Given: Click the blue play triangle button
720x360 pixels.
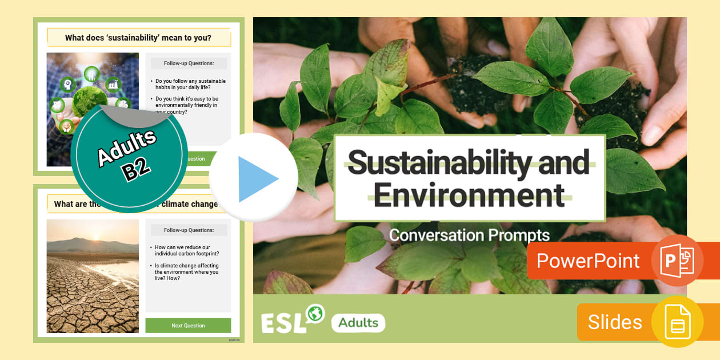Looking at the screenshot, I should [256, 179].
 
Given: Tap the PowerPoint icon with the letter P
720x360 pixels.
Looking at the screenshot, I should [677, 261].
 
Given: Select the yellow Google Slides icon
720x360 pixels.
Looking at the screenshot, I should [677, 322].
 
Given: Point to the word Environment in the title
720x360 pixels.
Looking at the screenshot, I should [469, 194].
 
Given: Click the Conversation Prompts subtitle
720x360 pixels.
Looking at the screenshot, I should [469, 235].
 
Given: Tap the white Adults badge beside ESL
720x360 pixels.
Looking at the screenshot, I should [358, 323].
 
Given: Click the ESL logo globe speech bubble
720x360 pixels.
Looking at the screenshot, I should [315, 313].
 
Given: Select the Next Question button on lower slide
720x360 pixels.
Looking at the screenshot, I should [188, 325].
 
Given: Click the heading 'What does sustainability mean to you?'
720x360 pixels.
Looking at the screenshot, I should [138, 38].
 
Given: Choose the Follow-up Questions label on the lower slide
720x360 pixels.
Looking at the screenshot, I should [189, 230].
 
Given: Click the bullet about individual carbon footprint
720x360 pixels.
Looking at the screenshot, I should [187, 250].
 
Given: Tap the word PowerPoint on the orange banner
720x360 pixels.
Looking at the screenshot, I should [588, 261].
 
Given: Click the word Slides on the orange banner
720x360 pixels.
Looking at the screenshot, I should [615, 322].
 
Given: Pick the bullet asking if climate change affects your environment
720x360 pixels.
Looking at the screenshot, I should [187, 272].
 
